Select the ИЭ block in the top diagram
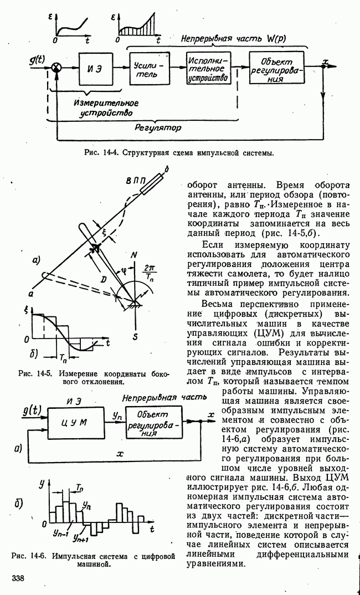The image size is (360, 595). pyautogui.click(x=95, y=68)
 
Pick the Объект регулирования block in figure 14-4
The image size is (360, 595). pyautogui.click(x=277, y=67)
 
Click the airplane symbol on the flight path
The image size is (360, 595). pyautogui.click(x=95, y=248)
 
